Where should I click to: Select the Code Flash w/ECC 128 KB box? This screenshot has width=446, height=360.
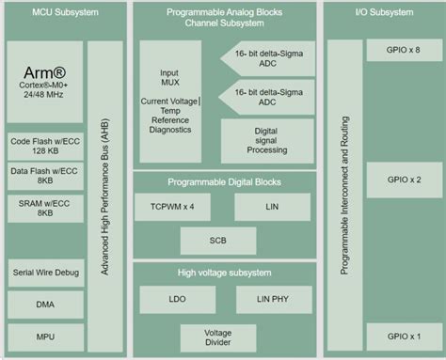click(x=46, y=146)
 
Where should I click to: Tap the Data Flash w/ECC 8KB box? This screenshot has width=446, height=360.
click(x=46, y=177)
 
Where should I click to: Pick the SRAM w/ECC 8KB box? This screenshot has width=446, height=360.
click(x=46, y=208)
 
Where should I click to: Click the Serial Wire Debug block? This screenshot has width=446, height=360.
click(x=46, y=273)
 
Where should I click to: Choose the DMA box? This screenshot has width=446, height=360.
click(x=46, y=305)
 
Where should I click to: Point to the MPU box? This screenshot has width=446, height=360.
click(x=46, y=336)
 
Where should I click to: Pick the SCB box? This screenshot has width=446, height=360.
click(x=218, y=240)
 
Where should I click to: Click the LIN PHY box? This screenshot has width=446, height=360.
click(x=271, y=300)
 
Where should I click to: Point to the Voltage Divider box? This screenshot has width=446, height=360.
click(x=218, y=337)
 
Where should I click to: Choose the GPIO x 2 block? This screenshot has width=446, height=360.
click(x=405, y=179)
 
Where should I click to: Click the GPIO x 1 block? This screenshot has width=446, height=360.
click(x=405, y=336)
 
